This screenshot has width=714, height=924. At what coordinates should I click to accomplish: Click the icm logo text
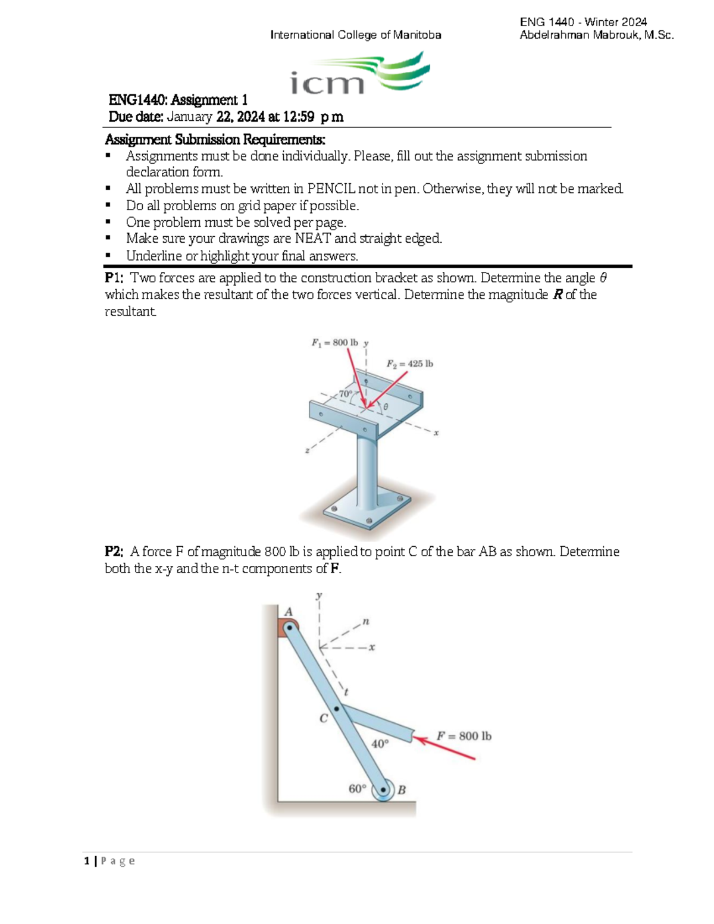[x=327, y=83]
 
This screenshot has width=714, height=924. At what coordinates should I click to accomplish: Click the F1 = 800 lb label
[x=334, y=343]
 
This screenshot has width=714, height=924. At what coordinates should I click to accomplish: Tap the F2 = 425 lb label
[x=410, y=364]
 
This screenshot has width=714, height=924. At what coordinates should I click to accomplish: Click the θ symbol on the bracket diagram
[x=386, y=406]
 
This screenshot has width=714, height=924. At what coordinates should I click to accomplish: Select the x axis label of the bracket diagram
[x=436, y=433]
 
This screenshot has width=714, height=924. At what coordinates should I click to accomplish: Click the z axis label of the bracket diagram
[x=307, y=450]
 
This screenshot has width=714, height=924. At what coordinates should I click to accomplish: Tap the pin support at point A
[x=289, y=627]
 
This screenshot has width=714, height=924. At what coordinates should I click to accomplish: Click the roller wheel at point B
[x=383, y=790]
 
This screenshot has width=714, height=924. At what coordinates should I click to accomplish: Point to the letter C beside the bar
[x=324, y=718]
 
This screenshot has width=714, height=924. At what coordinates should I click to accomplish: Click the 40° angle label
[x=380, y=744]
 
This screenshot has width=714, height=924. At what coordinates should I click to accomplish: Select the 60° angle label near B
[x=358, y=788]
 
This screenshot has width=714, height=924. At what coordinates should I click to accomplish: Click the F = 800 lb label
[x=464, y=736]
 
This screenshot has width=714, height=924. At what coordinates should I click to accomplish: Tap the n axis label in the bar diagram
[x=366, y=621]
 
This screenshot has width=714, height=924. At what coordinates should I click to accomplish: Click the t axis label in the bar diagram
[x=346, y=692]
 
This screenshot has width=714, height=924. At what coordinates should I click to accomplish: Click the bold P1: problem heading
[x=114, y=278]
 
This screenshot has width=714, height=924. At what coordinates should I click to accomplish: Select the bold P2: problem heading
[x=114, y=552]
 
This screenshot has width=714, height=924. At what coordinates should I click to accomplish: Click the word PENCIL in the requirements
[x=331, y=189]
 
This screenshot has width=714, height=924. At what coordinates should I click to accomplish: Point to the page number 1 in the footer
[x=87, y=861]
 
